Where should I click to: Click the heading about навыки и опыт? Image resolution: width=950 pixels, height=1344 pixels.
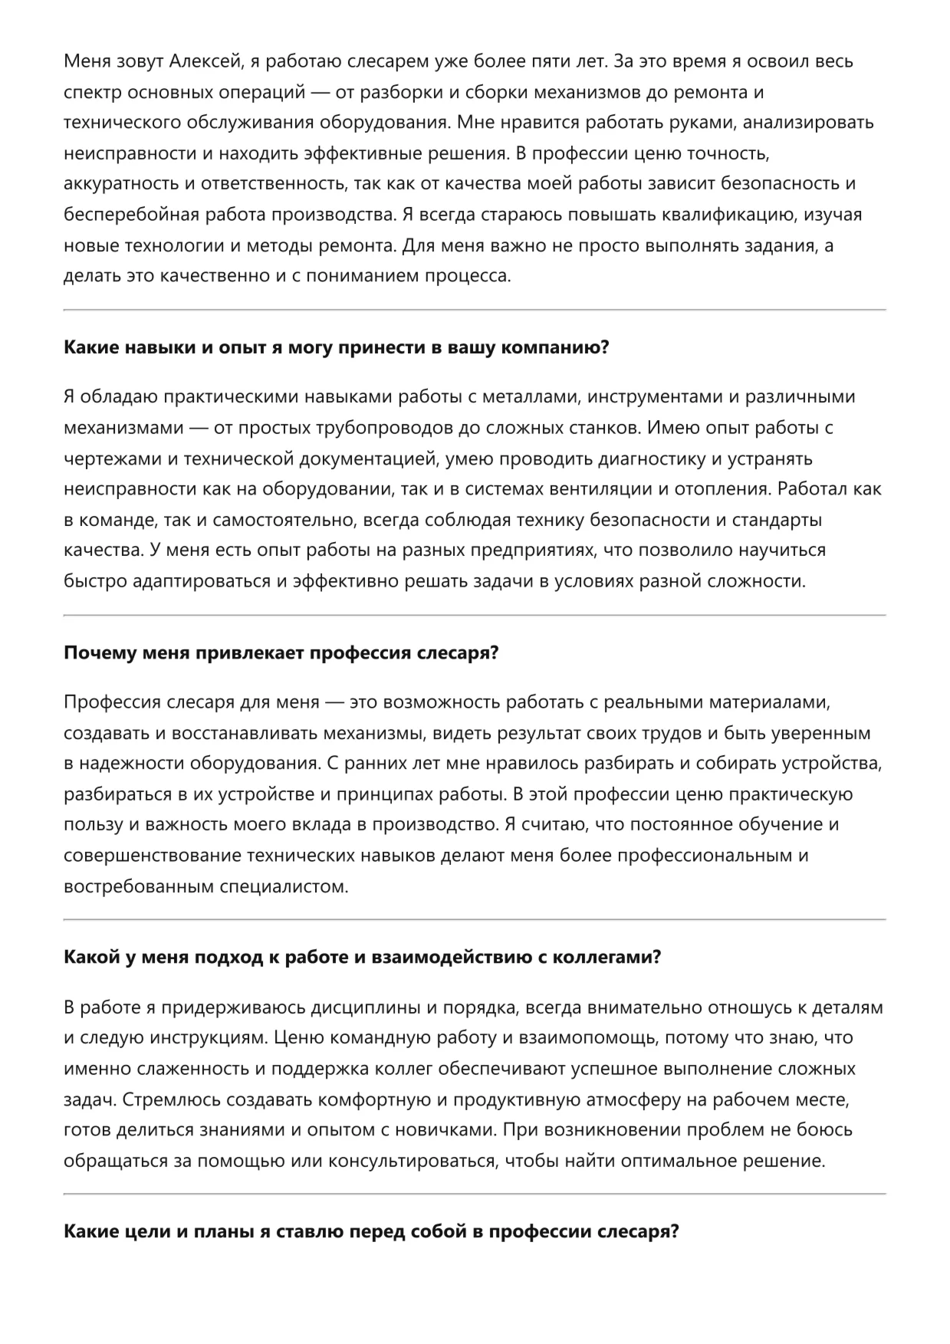coord(336,347)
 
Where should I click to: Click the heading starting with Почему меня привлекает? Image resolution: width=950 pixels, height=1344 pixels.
coord(281,653)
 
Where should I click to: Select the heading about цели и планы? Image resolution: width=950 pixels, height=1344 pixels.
coord(371,1232)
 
